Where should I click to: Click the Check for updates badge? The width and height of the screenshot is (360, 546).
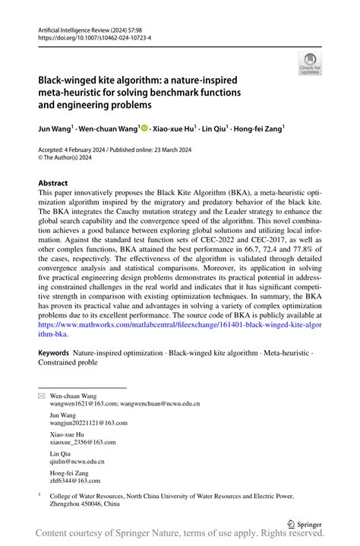(309, 65)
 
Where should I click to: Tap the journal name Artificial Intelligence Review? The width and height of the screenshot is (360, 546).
(68, 27)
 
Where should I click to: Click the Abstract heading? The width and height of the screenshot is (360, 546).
(52, 183)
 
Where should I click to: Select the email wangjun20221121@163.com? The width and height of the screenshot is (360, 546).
(88, 423)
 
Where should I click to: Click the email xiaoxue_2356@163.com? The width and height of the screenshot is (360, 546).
(83, 442)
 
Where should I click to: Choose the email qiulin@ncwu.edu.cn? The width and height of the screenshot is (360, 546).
(77, 461)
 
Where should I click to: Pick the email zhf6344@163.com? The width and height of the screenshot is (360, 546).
(74, 480)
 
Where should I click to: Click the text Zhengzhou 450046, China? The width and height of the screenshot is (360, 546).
(86, 503)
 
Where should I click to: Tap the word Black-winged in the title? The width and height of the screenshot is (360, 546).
(69, 80)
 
